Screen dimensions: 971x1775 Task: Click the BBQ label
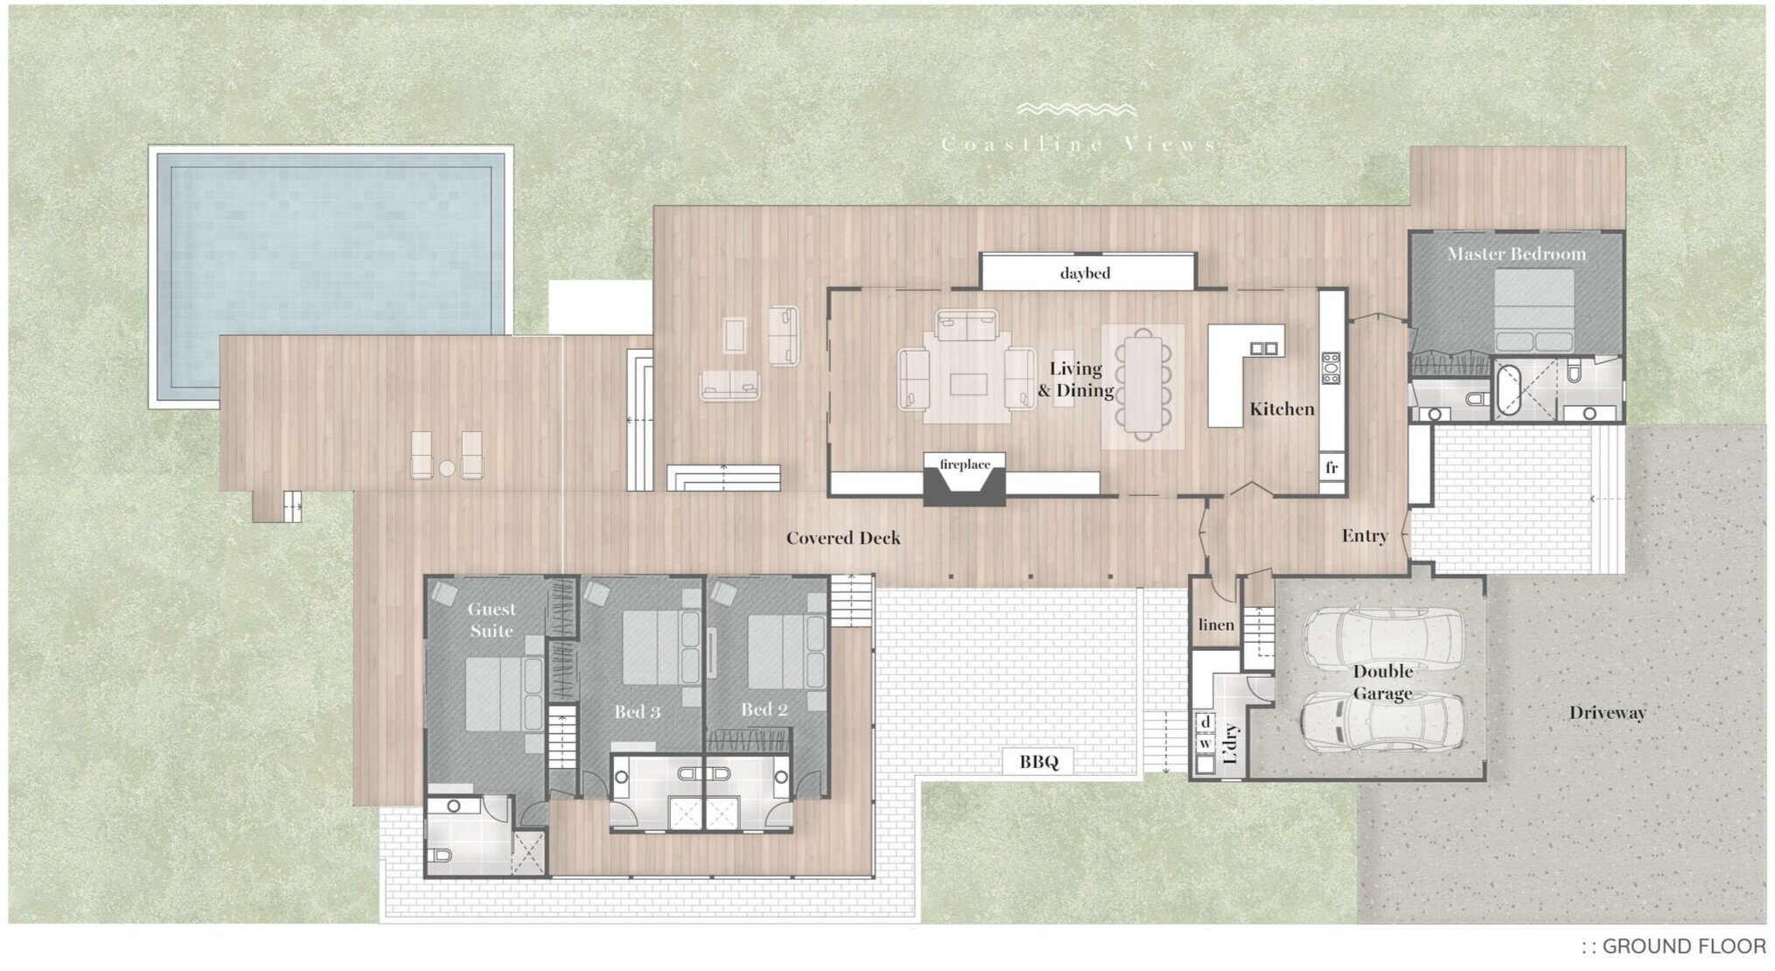(1038, 762)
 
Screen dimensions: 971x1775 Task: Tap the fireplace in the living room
(965, 481)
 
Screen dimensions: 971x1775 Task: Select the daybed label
(1085, 273)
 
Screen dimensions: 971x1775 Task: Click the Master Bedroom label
(1516, 254)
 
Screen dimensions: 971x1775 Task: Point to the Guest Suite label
(491, 619)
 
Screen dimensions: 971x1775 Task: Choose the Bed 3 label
(637, 711)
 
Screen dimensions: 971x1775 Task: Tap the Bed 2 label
(765, 709)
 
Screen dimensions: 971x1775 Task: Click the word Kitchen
(1282, 409)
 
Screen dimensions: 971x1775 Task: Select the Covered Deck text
(842, 538)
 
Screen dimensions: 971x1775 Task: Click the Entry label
(1365, 535)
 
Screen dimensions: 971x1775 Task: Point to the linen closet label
(1216, 625)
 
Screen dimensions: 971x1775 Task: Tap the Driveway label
(1607, 712)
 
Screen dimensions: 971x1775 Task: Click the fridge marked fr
(1331, 467)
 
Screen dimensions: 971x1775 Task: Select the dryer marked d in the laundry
(1205, 722)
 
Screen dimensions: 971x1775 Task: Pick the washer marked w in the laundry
(1205, 744)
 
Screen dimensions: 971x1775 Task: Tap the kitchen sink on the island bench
(1263, 348)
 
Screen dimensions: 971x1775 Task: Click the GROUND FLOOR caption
(1673, 946)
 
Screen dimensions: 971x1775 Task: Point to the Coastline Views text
(1079, 144)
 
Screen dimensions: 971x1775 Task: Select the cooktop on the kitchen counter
(1331, 368)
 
